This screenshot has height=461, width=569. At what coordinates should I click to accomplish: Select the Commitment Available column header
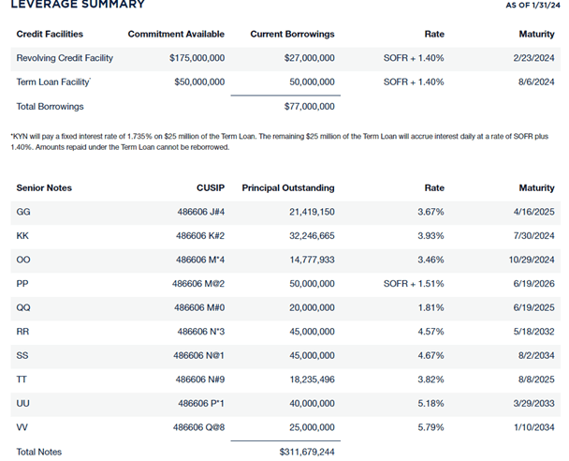click(x=176, y=35)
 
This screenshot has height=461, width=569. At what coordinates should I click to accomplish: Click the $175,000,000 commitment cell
click(x=197, y=58)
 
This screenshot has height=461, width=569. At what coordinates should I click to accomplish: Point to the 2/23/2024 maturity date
click(x=536, y=58)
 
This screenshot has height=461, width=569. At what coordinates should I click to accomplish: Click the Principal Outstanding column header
click(x=287, y=188)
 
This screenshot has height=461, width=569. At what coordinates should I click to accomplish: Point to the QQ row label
click(x=23, y=306)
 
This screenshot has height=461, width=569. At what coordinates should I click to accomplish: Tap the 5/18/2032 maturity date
click(x=535, y=331)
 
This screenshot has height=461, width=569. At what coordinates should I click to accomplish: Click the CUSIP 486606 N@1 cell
click(x=199, y=354)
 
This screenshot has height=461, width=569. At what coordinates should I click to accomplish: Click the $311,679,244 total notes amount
click(x=307, y=452)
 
